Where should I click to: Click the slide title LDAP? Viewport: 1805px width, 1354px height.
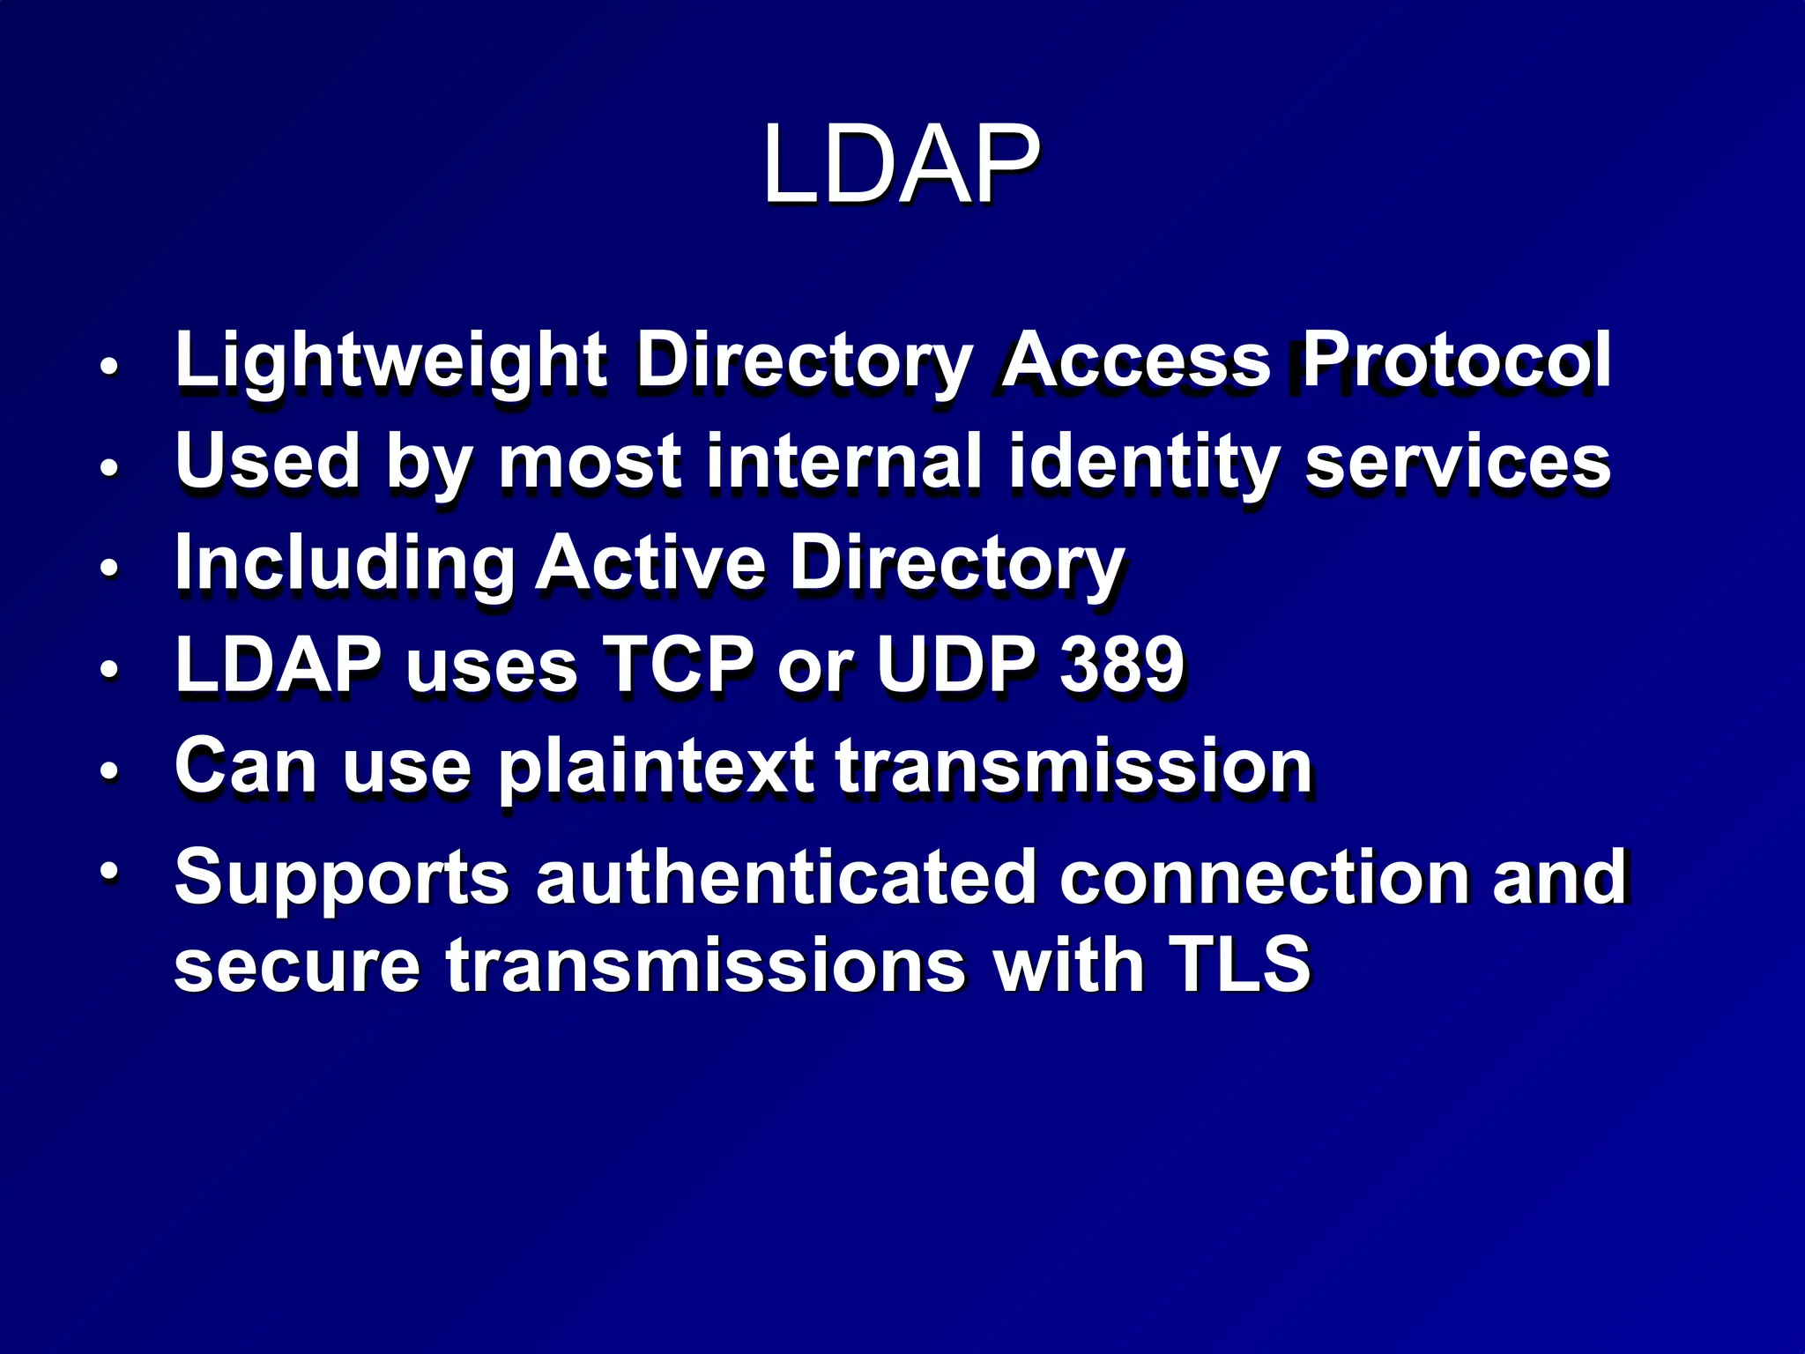(901, 165)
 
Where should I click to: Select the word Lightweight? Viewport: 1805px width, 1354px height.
(390, 360)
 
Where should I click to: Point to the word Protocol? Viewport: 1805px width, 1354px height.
(1456, 360)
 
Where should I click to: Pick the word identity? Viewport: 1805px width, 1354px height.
(1143, 463)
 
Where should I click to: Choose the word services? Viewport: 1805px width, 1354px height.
(1457, 462)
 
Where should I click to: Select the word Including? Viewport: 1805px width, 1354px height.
(344, 564)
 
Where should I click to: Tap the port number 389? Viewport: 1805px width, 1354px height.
(1121, 664)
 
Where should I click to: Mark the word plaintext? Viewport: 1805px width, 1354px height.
(656, 767)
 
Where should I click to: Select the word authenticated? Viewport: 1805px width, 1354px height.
(785, 876)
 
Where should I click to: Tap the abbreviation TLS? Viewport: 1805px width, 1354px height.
(1239, 964)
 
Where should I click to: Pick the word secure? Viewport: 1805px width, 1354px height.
(297, 966)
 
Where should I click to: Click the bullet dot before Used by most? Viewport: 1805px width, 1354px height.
(108, 466)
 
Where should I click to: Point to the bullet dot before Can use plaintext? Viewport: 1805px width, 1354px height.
(108, 770)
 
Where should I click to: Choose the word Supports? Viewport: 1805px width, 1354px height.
(342, 878)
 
